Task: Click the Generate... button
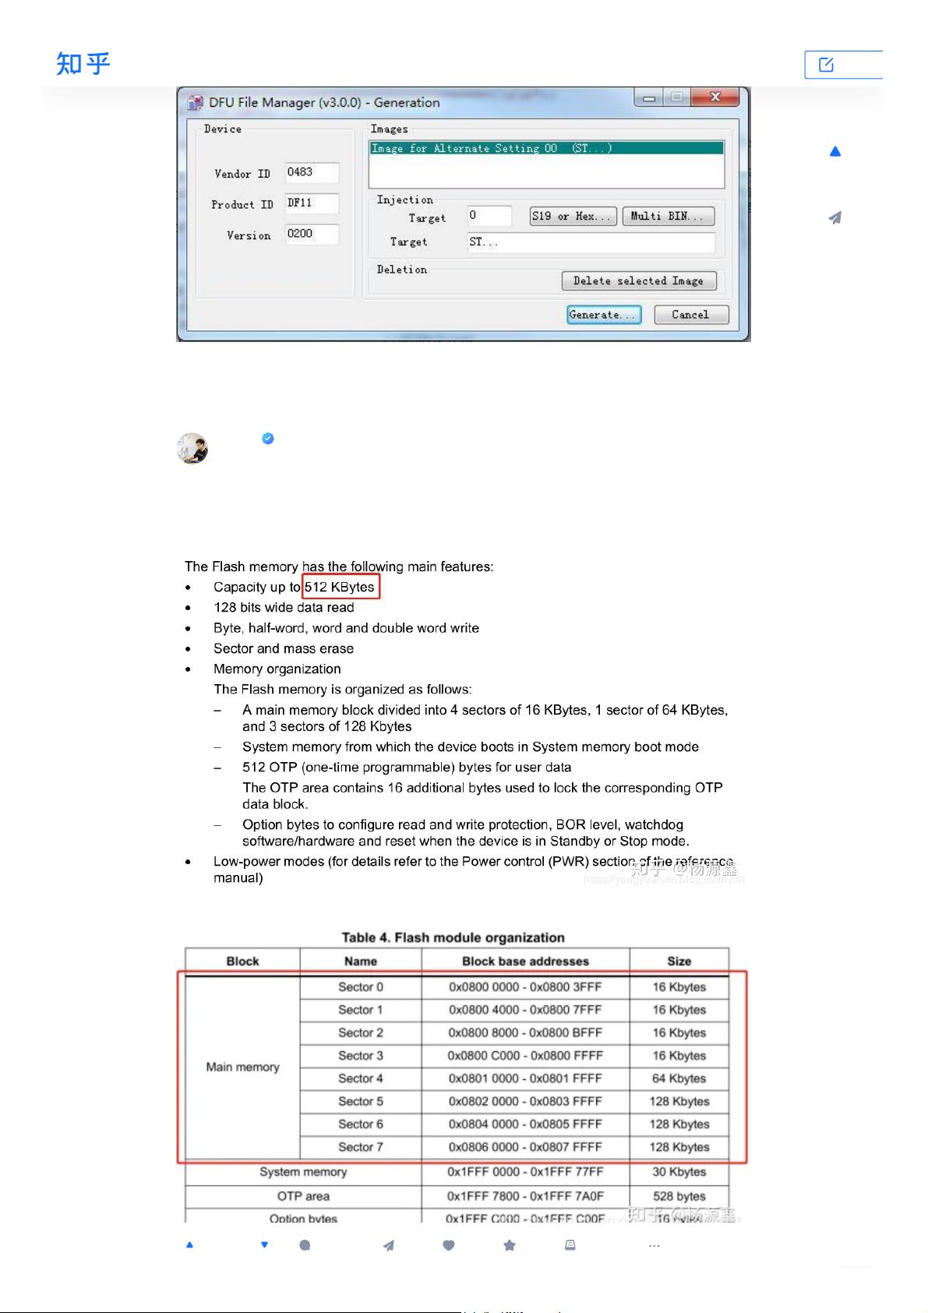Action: pyautogui.click(x=604, y=315)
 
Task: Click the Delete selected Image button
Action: pyautogui.click(x=638, y=281)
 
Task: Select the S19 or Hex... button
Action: pyautogui.click(x=573, y=216)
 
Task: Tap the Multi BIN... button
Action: pyautogui.click(x=668, y=216)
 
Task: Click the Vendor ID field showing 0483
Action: pyautogui.click(x=312, y=172)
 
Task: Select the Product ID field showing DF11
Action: pyautogui.click(x=312, y=203)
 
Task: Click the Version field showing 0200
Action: pyautogui.click(x=312, y=234)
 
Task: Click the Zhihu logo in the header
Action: pyautogui.click(x=83, y=63)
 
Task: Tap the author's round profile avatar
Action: pyautogui.click(x=192, y=449)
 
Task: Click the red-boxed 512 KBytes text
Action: pyautogui.click(x=341, y=587)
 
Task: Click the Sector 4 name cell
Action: pyautogui.click(x=361, y=1078)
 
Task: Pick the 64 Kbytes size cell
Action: pyautogui.click(x=679, y=1078)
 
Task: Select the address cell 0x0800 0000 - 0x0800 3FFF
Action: pyautogui.click(x=525, y=987)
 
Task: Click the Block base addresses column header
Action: pyautogui.click(x=525, y=962)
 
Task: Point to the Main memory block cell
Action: pyautogui.click(x=242, y=1067)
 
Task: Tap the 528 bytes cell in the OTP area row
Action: pyautogui.click(x=679, y=1196)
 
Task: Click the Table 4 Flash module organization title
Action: pyautogui.click(x=453, y=937)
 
